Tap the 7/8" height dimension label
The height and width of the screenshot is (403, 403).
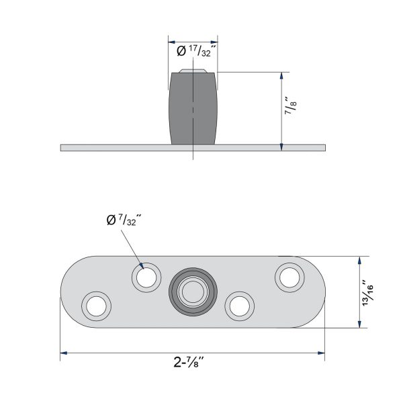tap(291, 105)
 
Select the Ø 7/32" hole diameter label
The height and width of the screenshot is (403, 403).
tap(124, 220)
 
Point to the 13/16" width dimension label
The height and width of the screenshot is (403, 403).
tap(367, 293)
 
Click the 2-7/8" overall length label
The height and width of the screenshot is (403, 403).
tap(189, 363)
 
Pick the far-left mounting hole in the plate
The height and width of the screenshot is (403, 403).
tap(96, 306)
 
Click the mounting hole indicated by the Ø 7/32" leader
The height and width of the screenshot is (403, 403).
tap(146, 277)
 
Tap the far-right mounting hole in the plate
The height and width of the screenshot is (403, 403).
tap(289, 277)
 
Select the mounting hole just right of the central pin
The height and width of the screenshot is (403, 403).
tap(240, 306)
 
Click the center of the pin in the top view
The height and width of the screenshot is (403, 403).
tap(193, 292)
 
